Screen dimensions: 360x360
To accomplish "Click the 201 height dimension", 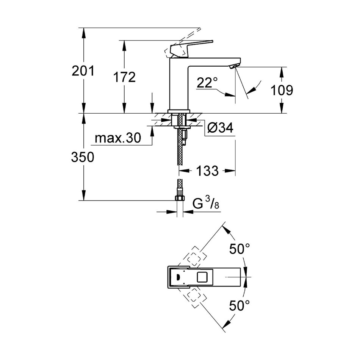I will [83, 71].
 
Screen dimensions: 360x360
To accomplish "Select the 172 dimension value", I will [124, 77].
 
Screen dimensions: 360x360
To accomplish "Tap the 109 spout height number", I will [282, 90].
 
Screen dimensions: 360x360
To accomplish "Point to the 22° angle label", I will [207, 83].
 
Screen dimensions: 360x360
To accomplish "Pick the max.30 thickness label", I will [117, 138].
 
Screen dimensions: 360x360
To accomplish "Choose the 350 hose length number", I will [83, 157].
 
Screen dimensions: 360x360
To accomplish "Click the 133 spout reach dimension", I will [208, 171].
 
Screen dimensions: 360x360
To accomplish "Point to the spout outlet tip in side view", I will [235, 66].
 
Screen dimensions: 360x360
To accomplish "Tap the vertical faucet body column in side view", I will [178, 85].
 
